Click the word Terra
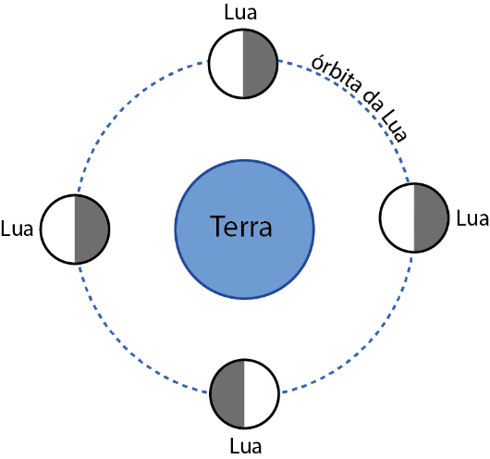(241, 226)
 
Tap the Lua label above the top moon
(240, 13)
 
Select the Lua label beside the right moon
(472, 218)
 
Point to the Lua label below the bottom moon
(246, 446)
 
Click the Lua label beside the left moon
(17, 229)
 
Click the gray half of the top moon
(260, 64)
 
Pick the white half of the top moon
(227, 64)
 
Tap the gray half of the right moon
(431, 217)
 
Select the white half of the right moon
(398, 217)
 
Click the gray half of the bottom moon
(227, 393)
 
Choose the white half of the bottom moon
(261, 393)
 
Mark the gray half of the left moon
(92, 229)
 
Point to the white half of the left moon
(58, 229)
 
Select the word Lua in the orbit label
(395, 128)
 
